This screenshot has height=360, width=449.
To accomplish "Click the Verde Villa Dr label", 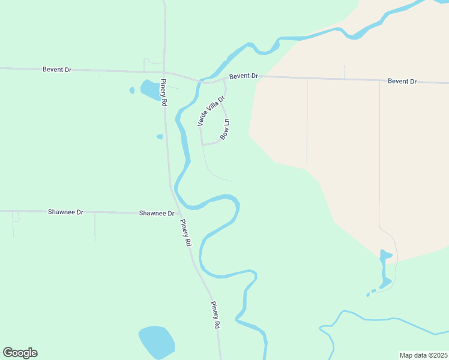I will click(211, 111).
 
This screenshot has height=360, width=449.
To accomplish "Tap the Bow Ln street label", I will click(225, 130).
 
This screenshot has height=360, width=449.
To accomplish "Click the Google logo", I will click(20, 353).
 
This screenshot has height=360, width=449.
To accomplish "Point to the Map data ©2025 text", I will click(423, 355).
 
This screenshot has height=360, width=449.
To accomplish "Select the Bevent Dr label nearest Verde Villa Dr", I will click(243, 76).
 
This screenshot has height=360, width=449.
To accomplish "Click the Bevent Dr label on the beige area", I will click(402, 81).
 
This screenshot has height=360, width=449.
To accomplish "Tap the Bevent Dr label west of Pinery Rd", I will click(57, 70).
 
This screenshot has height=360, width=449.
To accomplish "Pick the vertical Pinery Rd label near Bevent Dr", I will click(163, 93).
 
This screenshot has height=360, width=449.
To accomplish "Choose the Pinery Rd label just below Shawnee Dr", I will click(186, 233).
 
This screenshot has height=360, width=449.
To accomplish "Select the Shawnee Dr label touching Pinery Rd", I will click(157, 213).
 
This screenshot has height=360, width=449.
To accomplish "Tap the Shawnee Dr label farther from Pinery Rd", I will click(65, 212).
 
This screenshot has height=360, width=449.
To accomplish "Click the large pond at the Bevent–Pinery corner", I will click(149, 90).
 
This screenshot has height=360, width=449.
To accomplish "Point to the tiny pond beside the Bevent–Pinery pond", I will click(132, 91).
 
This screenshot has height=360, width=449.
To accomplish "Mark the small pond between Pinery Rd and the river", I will click(160, 137).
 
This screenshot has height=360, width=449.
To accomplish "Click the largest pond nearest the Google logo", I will click(156, 341).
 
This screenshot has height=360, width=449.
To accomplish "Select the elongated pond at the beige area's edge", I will click(385, 268).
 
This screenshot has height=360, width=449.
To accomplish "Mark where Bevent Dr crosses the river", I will click(200, 81).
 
